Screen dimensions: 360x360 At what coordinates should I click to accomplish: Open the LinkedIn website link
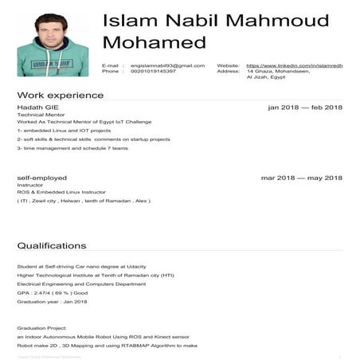point(295,65)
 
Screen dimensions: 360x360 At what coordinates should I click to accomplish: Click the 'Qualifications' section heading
point(51,245)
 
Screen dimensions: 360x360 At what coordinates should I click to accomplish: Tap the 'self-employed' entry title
point(41,178)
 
